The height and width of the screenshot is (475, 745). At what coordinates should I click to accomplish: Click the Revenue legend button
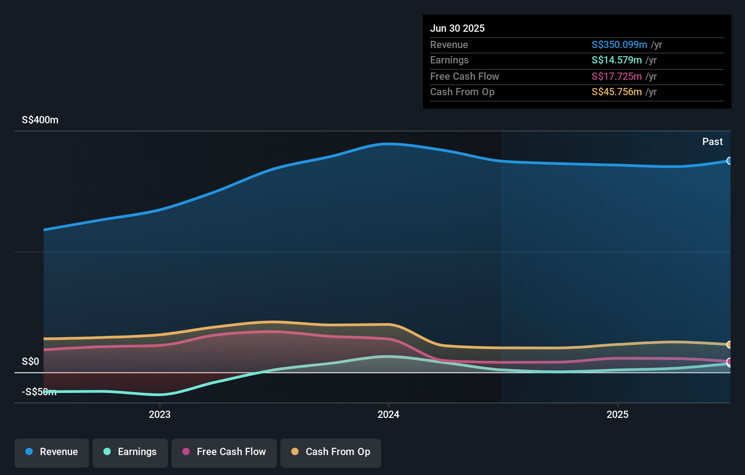pos(52,452)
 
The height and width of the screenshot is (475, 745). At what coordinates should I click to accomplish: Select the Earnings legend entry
pos(130,452)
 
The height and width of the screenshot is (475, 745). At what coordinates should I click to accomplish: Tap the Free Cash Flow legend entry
pos(224,452)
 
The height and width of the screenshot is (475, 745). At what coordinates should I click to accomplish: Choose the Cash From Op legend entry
pos(331,452)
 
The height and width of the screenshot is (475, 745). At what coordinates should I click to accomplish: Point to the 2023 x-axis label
pos(160,414)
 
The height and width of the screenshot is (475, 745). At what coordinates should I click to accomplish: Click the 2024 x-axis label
pos(388,414)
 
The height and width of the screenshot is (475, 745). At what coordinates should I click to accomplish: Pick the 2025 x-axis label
pos(618,414)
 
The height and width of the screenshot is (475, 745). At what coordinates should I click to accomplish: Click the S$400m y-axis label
pos(40,120)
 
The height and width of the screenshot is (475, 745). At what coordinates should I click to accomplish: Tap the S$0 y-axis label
pos(30,362)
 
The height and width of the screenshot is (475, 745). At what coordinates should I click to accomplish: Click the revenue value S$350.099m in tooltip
pos(619,45)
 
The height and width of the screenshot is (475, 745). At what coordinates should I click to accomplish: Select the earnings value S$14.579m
pos(616,60)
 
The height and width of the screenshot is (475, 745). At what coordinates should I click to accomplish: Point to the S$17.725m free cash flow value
pos(616,77)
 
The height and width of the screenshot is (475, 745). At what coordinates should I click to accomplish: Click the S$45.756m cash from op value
pos(616,92)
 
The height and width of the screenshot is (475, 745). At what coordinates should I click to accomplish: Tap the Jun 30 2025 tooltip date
pos(457,29)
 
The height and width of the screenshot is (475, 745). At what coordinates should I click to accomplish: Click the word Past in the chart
pos(712,142)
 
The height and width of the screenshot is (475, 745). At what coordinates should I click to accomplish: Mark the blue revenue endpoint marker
pos(729,161)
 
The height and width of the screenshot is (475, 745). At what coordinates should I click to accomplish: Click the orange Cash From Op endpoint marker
pos(729,345)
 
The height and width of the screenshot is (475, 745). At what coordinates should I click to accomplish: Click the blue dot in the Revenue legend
pos(29,451)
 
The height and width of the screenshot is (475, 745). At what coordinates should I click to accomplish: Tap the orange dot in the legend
pos(295,451)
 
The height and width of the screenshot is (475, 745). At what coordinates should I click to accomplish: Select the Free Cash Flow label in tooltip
pos(464,77)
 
